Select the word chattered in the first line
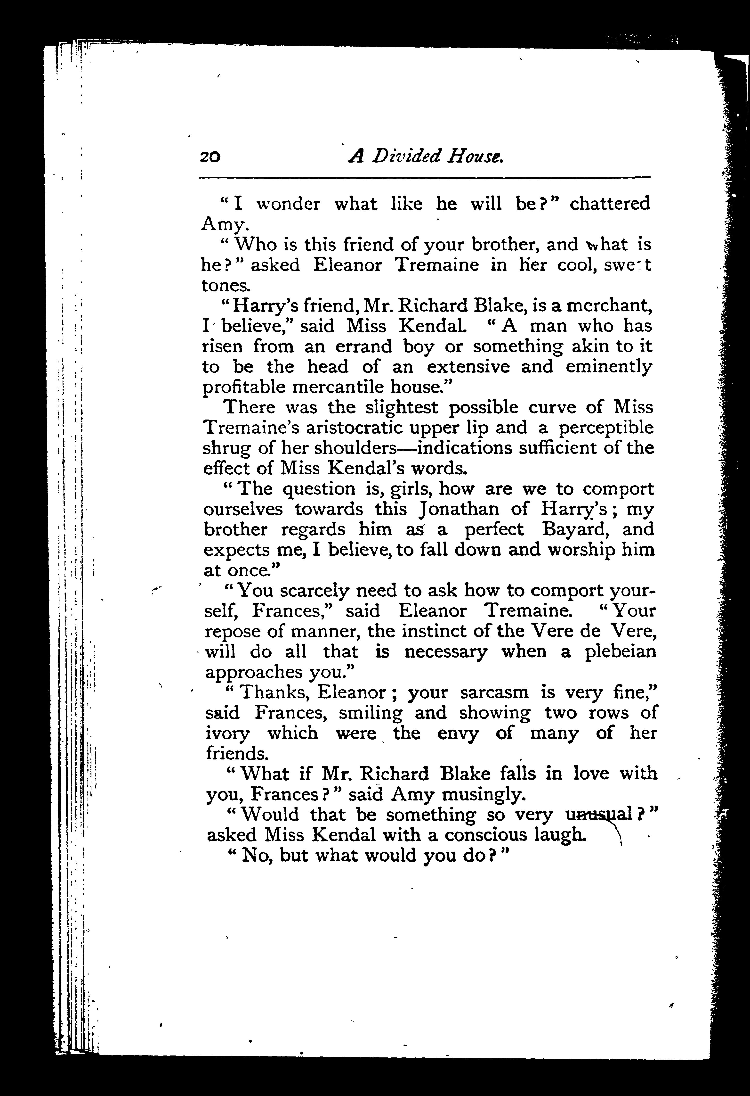tap(610, 204)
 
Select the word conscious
tap(485, 835)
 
